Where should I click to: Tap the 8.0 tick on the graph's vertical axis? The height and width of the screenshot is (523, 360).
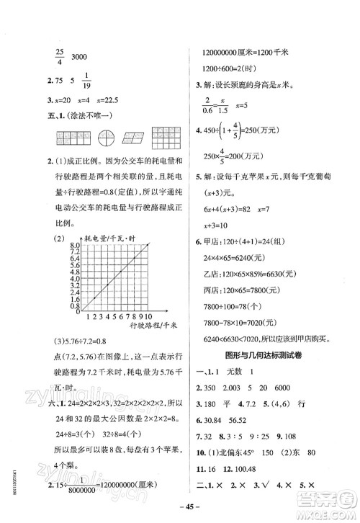[x=74, y=246]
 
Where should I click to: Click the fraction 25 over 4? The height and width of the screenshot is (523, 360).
[x=61, y=56]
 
